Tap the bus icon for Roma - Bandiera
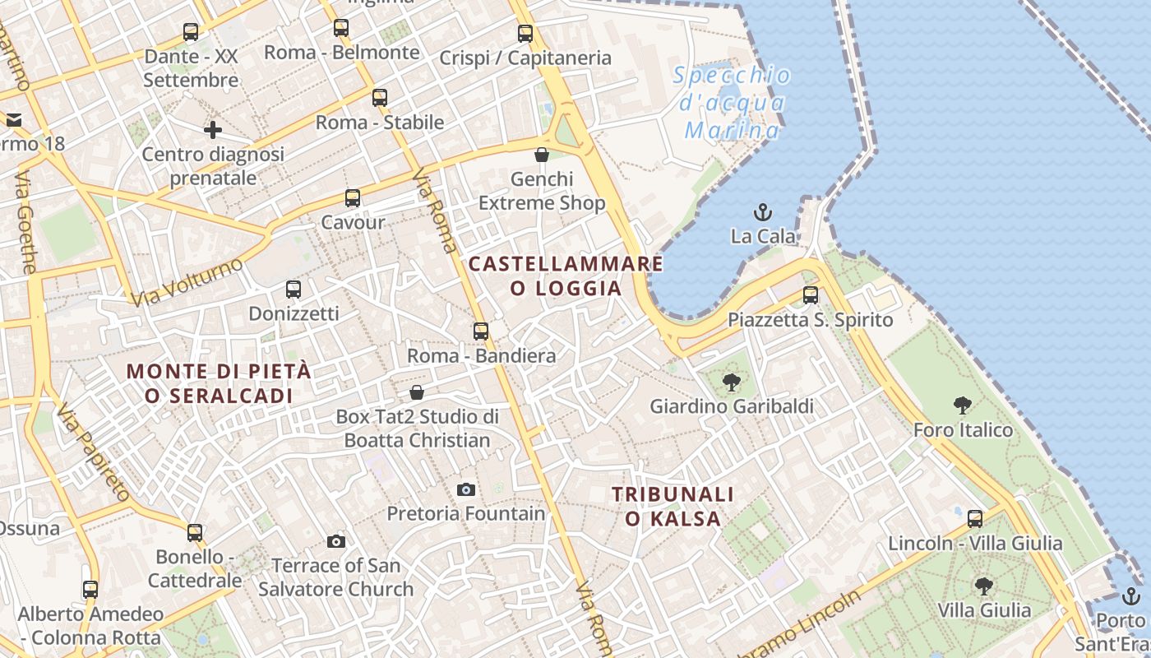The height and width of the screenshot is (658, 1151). (481, 331)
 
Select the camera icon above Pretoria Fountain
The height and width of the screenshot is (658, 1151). (466, 490)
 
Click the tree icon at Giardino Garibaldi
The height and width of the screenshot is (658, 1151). (731, 382)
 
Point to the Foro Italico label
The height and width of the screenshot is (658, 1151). (963, 429)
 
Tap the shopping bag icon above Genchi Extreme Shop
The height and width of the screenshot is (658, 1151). (542, 155)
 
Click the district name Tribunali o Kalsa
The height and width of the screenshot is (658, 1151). (673, 506)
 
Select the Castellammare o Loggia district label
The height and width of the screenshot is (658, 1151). (566, 276)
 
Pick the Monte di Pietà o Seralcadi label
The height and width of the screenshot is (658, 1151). (220, 383)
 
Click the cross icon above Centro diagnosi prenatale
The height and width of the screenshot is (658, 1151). (213, 130)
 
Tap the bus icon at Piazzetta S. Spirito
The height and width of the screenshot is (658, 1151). (811, 295)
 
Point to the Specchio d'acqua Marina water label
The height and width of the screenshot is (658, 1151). (732, 103)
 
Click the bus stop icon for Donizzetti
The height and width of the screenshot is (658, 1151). (294, 290)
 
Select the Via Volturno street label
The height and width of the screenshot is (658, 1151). (187, 281)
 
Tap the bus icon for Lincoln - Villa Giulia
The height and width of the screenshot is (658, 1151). (975, 519)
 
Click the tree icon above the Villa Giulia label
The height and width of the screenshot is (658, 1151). (983, 586)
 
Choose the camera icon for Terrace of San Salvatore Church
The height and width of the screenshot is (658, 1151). (335, 541)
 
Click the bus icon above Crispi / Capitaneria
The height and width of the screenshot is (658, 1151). (525, 34)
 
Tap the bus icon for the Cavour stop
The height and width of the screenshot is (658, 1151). (353, 198)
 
